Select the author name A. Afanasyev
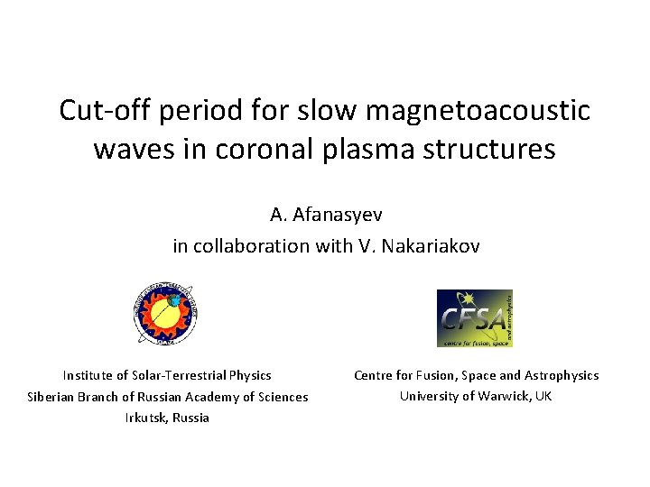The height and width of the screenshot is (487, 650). tap(325, 215)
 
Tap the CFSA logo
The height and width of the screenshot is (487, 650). tap(474, 317)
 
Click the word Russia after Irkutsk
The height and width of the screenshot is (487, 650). tap(190, 418)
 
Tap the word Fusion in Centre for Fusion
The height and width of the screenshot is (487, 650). tap(437, 375)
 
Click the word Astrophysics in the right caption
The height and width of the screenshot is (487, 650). tap(563, 375)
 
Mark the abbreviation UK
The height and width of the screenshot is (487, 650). tap(543, 396)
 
